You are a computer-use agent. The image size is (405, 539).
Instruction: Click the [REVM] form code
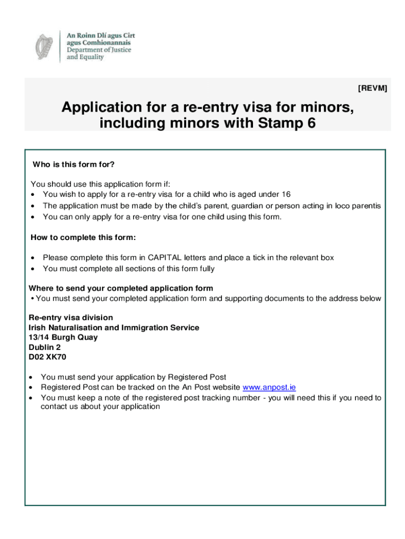pyautogui.click(x=372, y=88)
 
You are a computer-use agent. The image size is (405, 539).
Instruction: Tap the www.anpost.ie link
pyautogui.click(x=269, y=387)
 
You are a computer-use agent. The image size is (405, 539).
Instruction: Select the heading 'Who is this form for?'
pyautogui.click(x=73, y=165)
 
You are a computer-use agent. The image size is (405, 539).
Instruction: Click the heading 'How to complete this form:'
pyautogui.click(x=83, y=238)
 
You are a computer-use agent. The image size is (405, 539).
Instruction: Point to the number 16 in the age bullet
pyautogui.click(x=286, y=194)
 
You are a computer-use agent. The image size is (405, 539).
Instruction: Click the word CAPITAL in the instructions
pyautogui.click(x=166, y=257)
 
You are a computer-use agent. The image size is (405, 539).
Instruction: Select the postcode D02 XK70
pyautogui.click(x=47, y=357)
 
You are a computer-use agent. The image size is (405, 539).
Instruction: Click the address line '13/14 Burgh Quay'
pyautogui.click(x=63, y=337)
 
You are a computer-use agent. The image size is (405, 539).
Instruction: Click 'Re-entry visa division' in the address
pyautogui.click(x=70, y=317)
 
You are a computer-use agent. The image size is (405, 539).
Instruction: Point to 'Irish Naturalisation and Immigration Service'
pyautogui.click(x=114, y=327)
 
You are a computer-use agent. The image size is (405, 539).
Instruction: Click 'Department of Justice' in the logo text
pyautogui.click(x=99, y=50)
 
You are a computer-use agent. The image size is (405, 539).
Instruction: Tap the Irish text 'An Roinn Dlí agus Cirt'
pyautogui.click(x=100, y=34)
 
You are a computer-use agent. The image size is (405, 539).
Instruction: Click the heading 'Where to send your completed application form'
pyautogui.click(x=120, y=288)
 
